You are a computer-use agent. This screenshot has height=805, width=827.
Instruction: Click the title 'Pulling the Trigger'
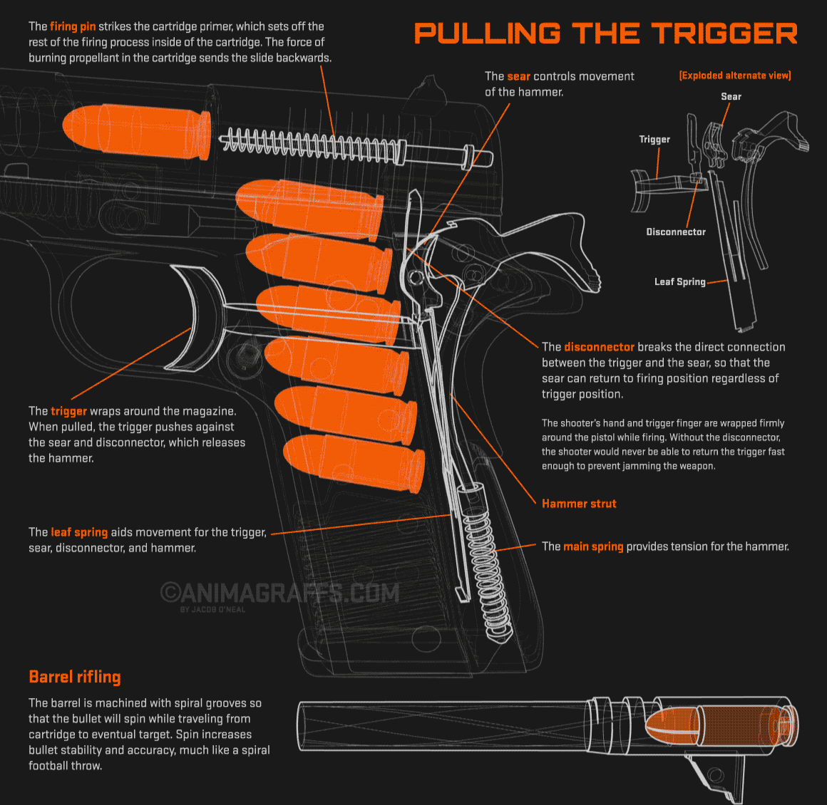(x=605, y=33)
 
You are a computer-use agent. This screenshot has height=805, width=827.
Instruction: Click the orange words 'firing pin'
(x=73, y=26)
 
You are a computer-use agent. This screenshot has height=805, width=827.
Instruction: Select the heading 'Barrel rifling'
(x=75, y=677)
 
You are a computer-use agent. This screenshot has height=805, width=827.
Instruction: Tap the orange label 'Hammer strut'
(x=579, y=504)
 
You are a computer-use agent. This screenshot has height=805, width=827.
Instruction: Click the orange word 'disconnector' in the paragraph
(x=599, y=347)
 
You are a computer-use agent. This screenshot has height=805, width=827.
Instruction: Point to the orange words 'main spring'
(x=593, y=546)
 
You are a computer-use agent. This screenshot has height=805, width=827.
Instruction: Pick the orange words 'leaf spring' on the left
(x=79, y=532)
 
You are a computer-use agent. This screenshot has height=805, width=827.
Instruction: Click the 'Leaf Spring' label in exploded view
(x=679, y=281)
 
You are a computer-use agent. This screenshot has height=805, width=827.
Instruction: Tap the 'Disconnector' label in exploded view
(x=676, y=232)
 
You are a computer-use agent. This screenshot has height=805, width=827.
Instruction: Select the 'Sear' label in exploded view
(x=731, y=96)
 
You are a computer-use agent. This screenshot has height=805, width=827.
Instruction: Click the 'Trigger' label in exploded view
(x=654, y=139)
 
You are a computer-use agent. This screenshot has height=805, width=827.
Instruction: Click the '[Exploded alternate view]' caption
(x=735, y=76)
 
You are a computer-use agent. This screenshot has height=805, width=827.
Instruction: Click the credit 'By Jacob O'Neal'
(x=212, y=610)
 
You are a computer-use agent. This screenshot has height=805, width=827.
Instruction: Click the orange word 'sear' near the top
(x=518, y=76)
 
